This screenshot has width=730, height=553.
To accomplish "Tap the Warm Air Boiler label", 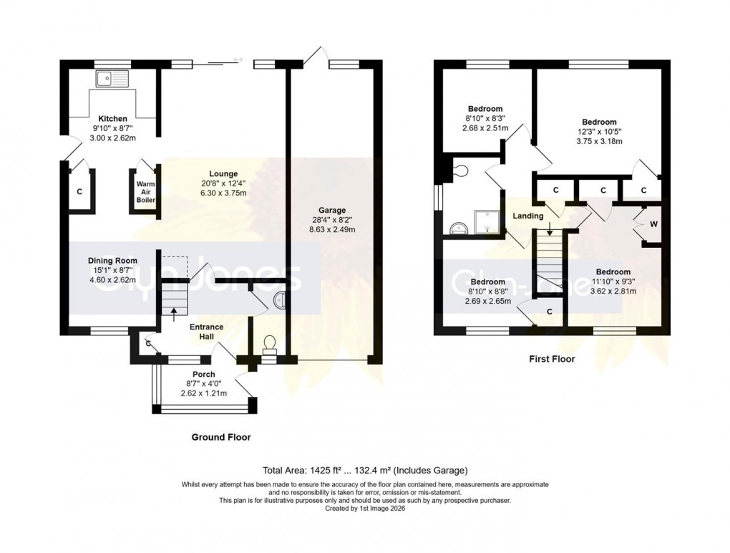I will [145, 191].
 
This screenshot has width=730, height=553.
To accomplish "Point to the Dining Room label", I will [112, 261].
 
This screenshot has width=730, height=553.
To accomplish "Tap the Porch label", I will [203, 375].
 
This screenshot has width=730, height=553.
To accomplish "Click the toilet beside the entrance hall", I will [271, 346].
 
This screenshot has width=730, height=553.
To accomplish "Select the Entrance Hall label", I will [206, 332].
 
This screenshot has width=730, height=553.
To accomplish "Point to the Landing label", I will [527, 216].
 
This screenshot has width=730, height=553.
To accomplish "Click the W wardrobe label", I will [653, 223].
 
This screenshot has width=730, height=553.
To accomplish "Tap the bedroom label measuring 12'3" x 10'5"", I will [599, 122].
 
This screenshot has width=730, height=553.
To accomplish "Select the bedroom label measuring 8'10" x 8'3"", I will [485, 109].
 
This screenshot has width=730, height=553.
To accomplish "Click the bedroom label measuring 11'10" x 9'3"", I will [613, 271].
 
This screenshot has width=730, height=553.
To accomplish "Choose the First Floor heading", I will [551, 360].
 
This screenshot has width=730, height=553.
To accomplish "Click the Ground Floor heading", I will [221, 437].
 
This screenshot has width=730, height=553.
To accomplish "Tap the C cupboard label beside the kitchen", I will [79, 192].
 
